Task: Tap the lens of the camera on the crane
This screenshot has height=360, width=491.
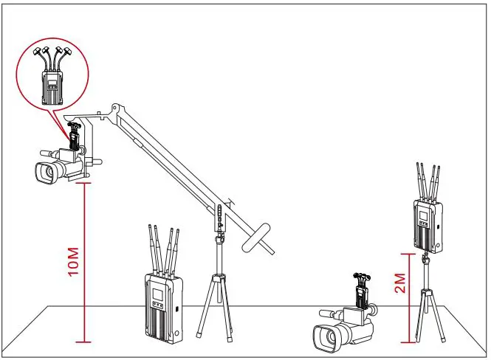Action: (x=43, y=173)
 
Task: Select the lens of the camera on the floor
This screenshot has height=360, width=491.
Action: (x=323, y=337)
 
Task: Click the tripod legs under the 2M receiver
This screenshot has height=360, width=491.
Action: (x=426, y=314)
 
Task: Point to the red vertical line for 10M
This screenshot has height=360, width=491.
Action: (x=87, y=262)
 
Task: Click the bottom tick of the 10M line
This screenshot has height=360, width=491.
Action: (x=87, y=342)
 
